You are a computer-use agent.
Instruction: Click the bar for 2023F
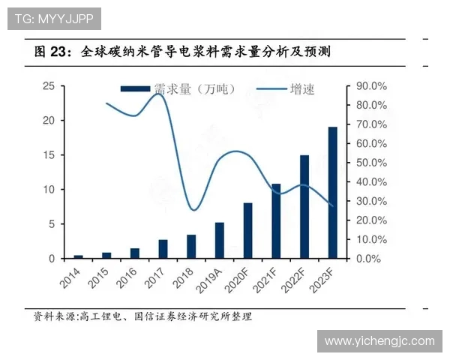332,193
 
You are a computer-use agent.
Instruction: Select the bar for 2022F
304,207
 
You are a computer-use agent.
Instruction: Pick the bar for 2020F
247,231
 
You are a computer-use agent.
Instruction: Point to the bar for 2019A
220,241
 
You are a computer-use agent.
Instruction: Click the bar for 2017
163,249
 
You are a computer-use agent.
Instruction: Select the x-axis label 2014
71,281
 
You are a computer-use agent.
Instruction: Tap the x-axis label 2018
184,281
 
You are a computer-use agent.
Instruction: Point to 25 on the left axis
47,86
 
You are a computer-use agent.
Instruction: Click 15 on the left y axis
47,155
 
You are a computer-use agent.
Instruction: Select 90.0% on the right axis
370,86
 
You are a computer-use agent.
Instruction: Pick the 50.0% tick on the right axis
370,163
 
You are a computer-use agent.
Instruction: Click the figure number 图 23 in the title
51,52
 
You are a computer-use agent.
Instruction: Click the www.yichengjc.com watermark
379,341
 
